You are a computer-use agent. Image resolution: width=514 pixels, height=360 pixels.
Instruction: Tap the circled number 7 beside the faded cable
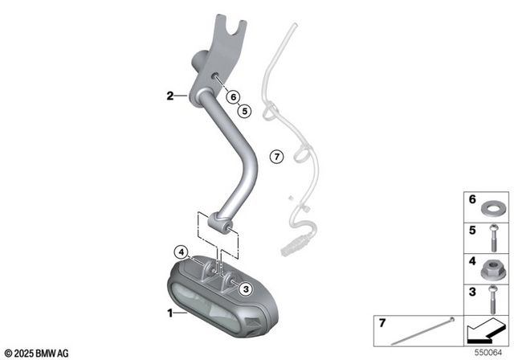(275, 156)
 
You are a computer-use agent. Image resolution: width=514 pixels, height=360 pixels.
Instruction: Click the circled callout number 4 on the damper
(183, 252)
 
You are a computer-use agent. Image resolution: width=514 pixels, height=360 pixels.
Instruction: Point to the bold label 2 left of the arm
(170, 96)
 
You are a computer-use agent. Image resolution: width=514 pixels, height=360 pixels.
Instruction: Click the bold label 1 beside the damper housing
(169, 311)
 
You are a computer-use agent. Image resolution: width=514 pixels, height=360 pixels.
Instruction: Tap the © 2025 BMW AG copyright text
(37, 352)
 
